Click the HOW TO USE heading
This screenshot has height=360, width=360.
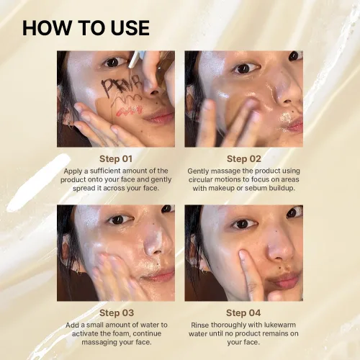[x=86, y=28]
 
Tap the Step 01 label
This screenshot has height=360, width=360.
[x=116, y=159]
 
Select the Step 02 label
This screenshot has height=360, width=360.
[x=244, y=159]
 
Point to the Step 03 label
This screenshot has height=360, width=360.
[x=117, y=313]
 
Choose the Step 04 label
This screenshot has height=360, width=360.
[x=243, y=313]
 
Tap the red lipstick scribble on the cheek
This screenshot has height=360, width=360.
[x=130, y=111]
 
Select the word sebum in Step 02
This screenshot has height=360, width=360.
[x=256, y=188]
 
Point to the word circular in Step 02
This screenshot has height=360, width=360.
[x=201, y=179]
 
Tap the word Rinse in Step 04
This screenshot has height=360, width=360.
[x=198, y=325]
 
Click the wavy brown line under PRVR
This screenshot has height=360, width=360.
[x=125, y=99]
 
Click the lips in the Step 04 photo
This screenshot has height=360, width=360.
[x=286, y=279]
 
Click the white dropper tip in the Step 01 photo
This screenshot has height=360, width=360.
[x=133, y=59]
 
